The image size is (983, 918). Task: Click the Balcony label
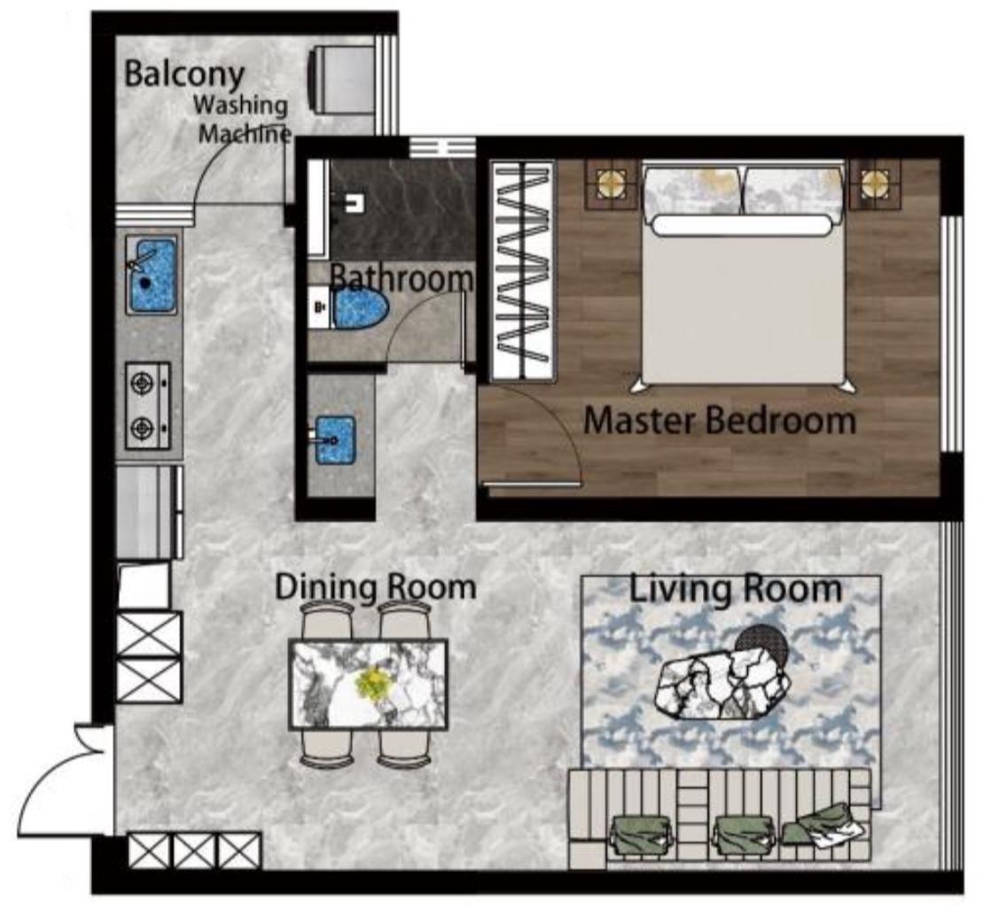[x=183, y=74]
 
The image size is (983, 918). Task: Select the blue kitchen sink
[x=151, y=275]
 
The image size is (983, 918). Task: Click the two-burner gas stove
[x=147, y=406]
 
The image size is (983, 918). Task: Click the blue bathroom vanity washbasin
[x=335, y=440]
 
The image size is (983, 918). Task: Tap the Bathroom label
[x=402, y=277]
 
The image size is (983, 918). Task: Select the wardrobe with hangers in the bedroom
[x=524, y=270]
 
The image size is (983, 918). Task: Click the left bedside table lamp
[x=610, y=183]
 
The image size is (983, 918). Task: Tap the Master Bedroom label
[x=719, y=420]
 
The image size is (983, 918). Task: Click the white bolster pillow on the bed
[x=741, y=225]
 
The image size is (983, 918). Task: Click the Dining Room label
[x=376, y=587]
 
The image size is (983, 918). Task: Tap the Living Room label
[x=735, y=589]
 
